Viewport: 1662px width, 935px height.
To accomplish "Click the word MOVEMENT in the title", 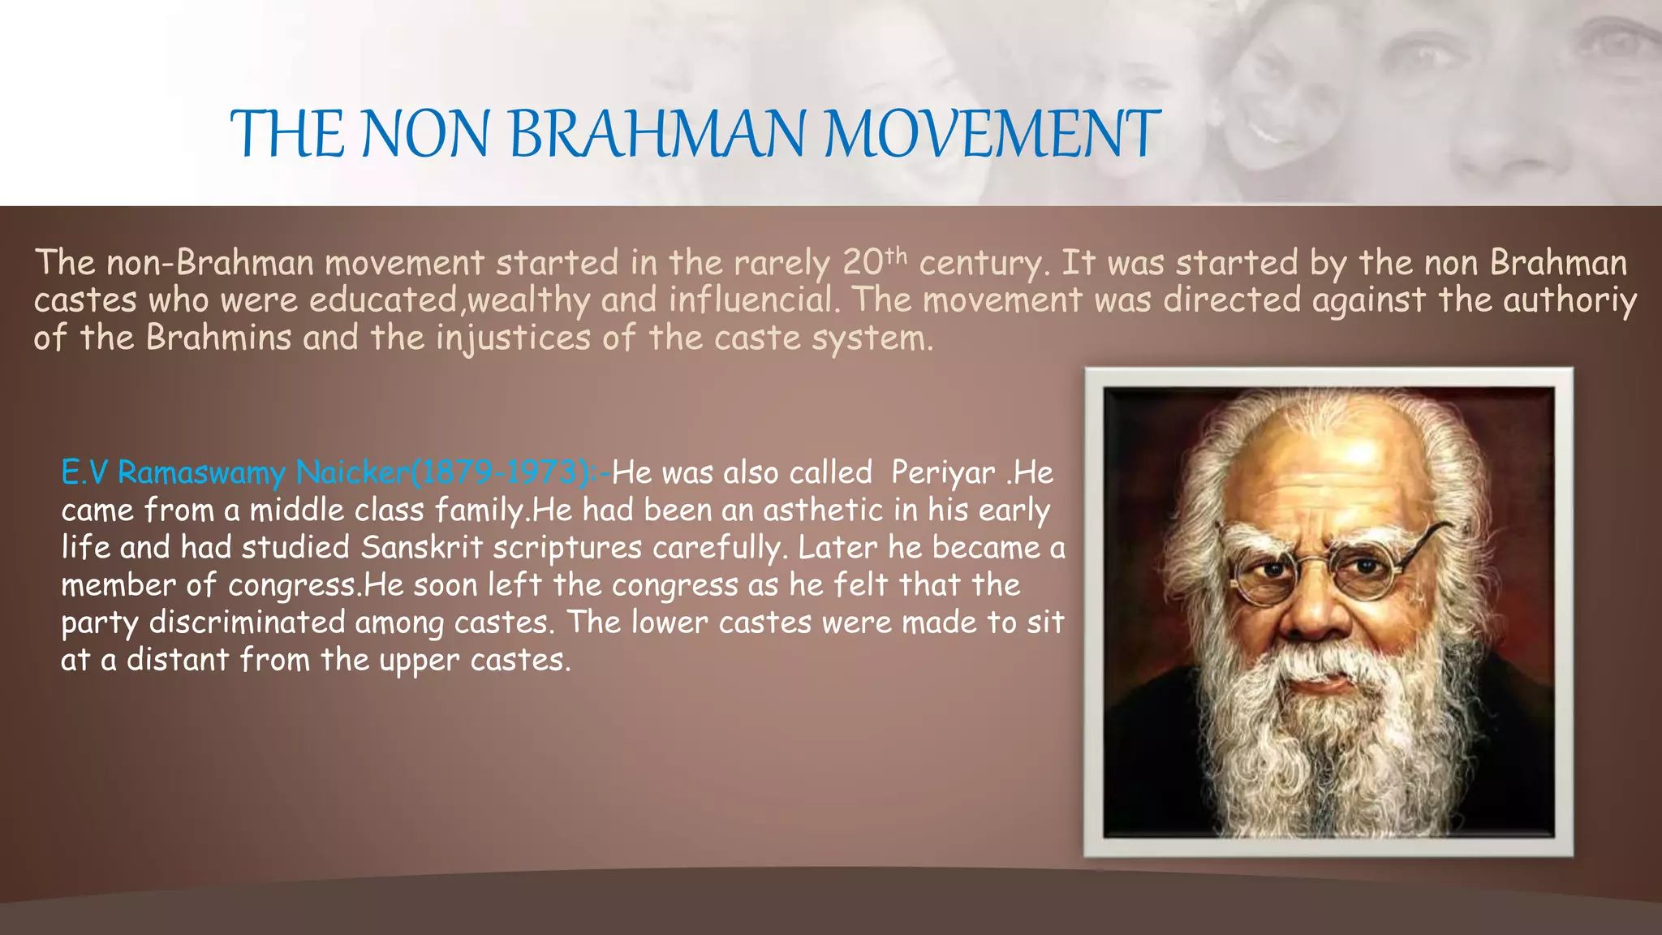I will pyautogui.click(x=992, y=134).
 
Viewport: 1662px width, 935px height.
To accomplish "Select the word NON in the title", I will pyautogui.click(x=425, y=134).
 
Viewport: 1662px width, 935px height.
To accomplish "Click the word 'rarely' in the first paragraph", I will pyautogui.click(x=781, y=263).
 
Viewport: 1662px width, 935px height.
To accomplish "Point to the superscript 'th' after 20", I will pyautogui.click(x=895, y=255).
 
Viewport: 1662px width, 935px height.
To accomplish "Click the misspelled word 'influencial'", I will pyautogui.click(x=751, y=300).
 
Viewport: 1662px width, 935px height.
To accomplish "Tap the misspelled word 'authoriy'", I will pyautogui.click(x=1569, y=300).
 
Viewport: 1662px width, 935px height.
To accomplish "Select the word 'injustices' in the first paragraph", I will pyautogui.click(x=513, y=338).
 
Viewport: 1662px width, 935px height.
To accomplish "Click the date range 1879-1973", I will pyautogui.click(x=501, y=472).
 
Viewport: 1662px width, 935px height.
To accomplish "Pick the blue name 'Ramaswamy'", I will pyautogui.click(x=201, y=472).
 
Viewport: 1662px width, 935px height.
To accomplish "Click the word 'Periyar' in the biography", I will pyautogui.click(x=943, y=472).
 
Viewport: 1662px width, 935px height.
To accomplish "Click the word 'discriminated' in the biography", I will pyautogui.click(x=248, y=622).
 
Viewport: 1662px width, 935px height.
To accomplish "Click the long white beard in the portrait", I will pyautogui.click(x=1323, y=747).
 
